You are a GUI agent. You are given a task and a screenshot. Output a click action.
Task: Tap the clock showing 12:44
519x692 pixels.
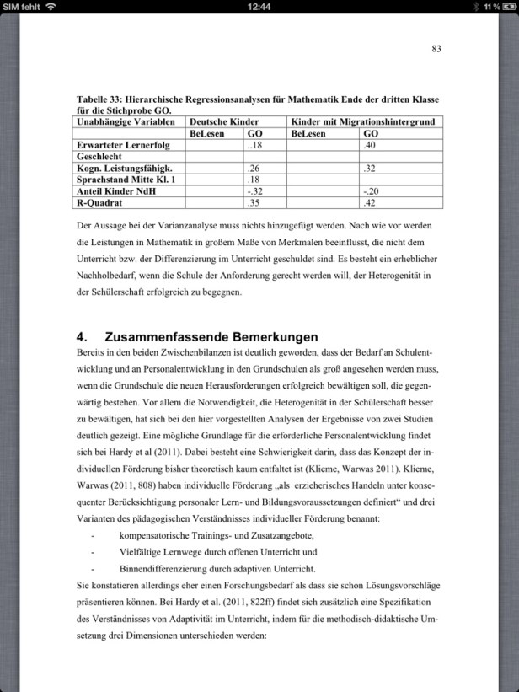(x=259, y=7)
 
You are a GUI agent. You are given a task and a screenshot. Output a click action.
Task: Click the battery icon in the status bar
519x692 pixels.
(x=507, y=7)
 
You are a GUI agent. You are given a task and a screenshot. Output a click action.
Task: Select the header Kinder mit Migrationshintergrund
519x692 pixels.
(x=362, y=122)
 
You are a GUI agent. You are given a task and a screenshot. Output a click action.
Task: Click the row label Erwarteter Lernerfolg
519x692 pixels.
(x=117, y=145)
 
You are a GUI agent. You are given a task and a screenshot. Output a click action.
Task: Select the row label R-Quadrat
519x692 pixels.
(x=99, y=203)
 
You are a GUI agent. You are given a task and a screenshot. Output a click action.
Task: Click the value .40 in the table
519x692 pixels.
(x=369, y=145)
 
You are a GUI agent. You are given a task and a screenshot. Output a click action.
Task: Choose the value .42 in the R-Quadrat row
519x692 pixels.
(x=369, y=203)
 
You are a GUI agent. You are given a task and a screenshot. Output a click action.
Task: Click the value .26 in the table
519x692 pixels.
(x=254, y=169)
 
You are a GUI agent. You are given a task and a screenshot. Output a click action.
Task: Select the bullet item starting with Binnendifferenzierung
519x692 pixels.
(x=217, y=568)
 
